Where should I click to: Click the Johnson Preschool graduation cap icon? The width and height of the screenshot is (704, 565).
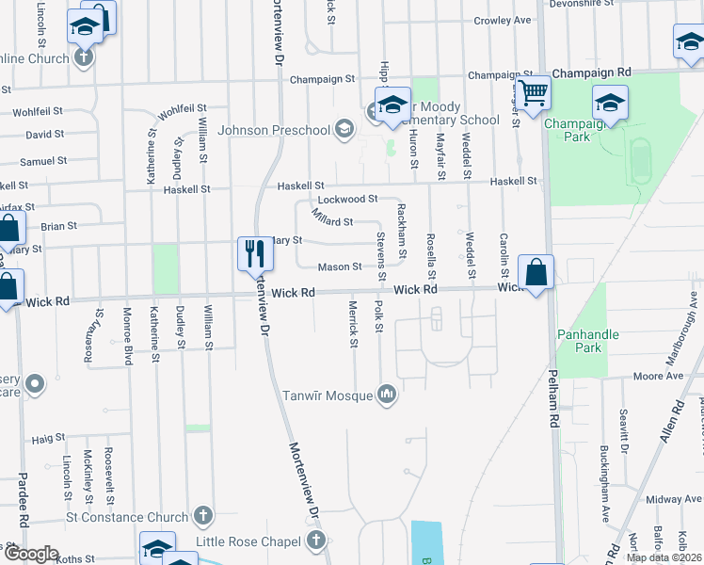pos(344,130)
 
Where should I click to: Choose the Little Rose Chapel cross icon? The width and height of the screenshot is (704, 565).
pos(315,541)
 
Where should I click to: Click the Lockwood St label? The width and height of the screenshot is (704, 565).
pos(347,200)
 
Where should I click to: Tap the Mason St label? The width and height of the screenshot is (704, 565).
pos(340,267)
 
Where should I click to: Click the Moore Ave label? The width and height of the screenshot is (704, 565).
pos(658,376)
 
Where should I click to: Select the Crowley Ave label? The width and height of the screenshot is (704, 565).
pos(503,20)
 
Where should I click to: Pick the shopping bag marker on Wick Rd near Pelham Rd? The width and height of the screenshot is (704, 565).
pos(536,273)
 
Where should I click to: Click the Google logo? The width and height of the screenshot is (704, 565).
pos(30,554)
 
